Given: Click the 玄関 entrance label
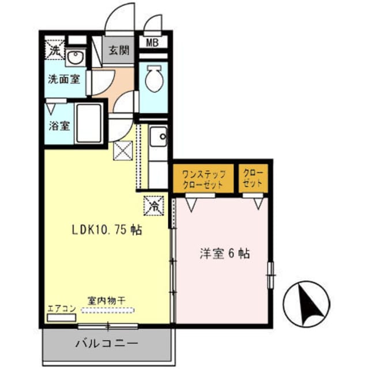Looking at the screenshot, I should point(119,50).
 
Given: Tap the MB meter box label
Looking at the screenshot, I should point(153,42).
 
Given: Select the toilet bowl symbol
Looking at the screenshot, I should point(153,79).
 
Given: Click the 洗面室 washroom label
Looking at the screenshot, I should point(63,80).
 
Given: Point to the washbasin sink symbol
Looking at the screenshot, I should point(74,57).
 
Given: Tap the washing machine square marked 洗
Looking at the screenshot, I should point(54,50).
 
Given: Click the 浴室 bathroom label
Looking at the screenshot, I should point(58,125).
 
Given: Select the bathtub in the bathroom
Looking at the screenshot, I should point(89,123).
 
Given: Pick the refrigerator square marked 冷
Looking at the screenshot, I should point(155,205).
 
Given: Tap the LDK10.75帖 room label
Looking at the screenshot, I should point(107,229).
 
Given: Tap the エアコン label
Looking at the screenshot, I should point(61,308).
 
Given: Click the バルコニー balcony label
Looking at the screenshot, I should point(107,344).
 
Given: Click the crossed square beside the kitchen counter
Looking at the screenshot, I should point(123,151).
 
